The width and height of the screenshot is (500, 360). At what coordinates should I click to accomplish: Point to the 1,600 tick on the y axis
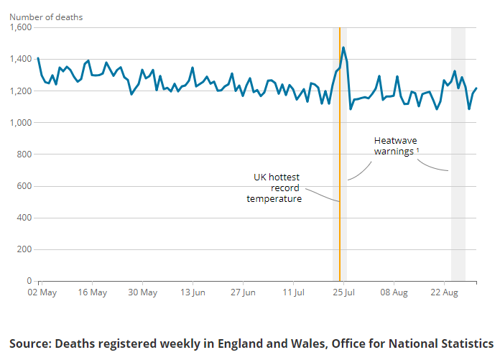tap(21, 27)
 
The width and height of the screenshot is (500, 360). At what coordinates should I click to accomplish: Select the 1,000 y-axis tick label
tap(21, 123)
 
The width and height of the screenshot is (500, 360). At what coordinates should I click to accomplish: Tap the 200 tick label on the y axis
tap(24, 249)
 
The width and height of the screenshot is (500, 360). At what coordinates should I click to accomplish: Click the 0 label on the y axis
tap(29, 281)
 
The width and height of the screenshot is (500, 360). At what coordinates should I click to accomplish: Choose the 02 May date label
tap(42, 293)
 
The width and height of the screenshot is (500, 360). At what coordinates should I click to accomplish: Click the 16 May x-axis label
tap(92, 293)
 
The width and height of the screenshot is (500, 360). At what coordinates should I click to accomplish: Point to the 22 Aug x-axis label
tap(445, 293)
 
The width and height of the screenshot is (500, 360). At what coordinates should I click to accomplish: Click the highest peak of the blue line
tap(343, 47)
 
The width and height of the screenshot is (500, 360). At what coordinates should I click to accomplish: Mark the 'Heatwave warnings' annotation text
tap(394, 147)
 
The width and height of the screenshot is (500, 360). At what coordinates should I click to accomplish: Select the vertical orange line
tap(340, 216)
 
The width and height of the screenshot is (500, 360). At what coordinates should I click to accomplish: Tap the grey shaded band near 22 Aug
tap(458, 216)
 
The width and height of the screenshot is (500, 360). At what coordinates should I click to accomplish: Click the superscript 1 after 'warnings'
tap(418, 149)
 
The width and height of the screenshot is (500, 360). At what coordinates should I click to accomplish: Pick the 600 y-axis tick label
tap(24, 186)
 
